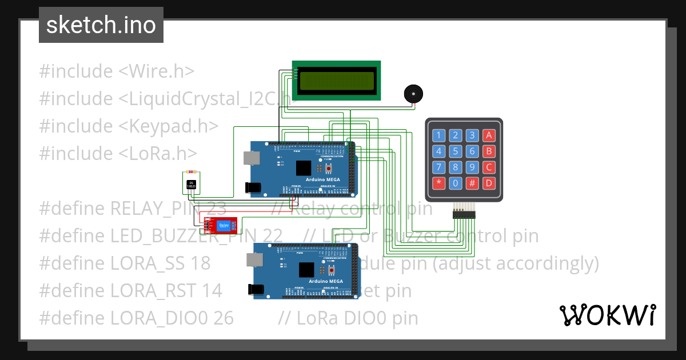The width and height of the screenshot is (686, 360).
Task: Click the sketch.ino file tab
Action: pos(101,25)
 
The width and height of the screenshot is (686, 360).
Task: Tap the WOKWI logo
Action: pos(607,315)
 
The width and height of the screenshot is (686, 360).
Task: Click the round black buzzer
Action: pos(413,94)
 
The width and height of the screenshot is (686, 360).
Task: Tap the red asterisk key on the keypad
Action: pos(438,183)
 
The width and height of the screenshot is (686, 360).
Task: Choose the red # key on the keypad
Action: pos(472,183)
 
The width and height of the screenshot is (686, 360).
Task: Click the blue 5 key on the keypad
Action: pos(455,151)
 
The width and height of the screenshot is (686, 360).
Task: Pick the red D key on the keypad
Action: pos(489,183)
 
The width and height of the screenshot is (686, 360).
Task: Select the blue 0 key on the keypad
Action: pos(455,183)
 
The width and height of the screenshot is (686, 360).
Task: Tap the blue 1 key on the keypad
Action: pos(438,135)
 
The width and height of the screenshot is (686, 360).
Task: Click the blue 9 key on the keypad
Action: pos(472,167)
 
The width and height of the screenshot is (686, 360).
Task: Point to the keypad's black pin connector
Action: pos(464,214)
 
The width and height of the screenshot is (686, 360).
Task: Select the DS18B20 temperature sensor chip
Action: pos(192,184)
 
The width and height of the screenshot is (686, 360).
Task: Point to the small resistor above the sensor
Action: pos(192,172)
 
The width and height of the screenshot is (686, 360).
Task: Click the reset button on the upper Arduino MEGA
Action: pos(329,169)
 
